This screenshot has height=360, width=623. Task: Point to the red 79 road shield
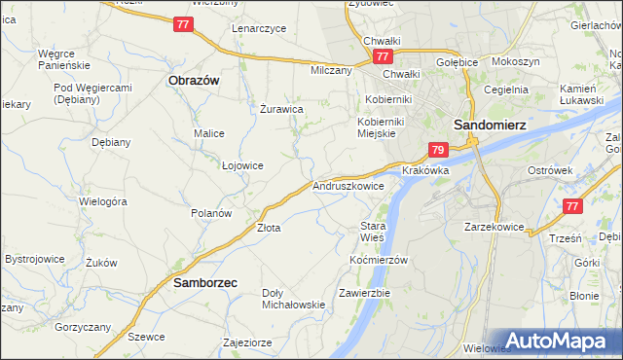(438, 150)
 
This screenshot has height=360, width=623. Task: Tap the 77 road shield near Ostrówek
(572, 206)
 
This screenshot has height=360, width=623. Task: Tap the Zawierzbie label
(364, 293)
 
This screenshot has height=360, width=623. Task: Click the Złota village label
(269, 228)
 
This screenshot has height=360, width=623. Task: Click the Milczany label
(331, 71)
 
